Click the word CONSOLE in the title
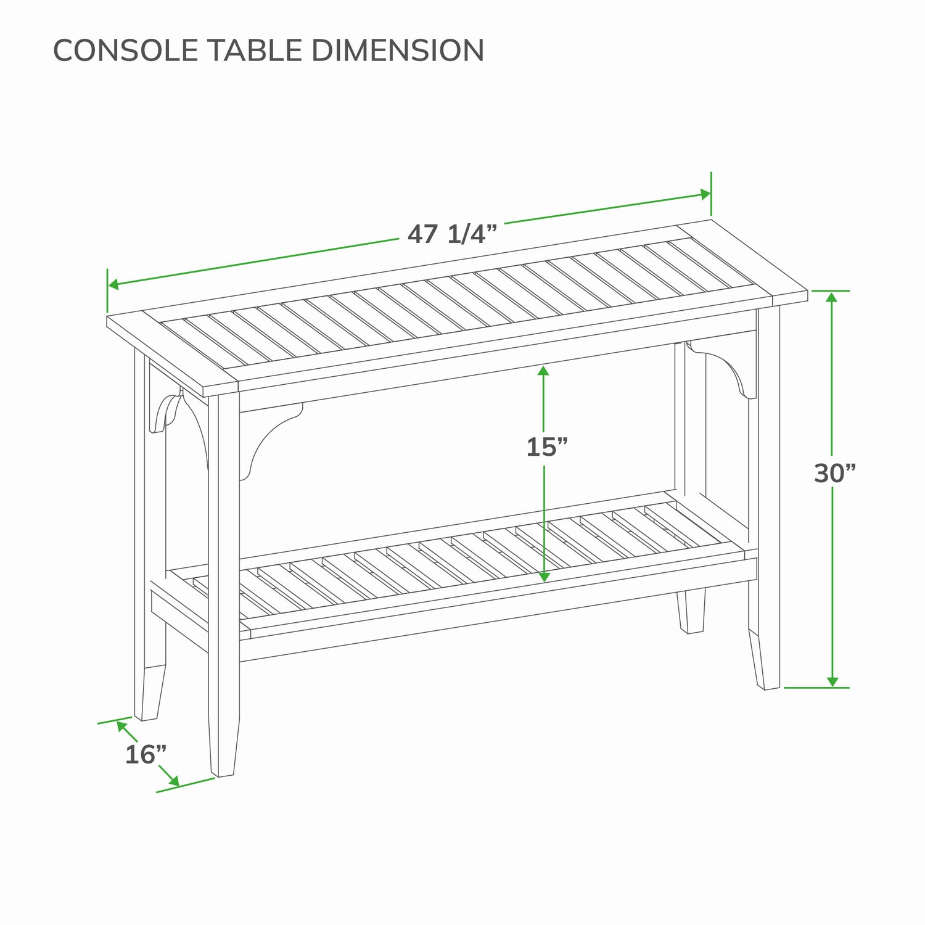point(126,50)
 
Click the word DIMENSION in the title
point(398,50)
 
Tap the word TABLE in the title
point(255,50)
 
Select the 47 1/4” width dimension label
point(452,234)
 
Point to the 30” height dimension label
point(835,473)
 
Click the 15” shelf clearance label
point(546,447)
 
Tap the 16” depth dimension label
point(146,755)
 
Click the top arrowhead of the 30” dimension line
point(832,297)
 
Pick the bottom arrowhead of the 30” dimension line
point(832,680)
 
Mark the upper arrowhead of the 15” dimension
point(543,371)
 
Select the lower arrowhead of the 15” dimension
point(543,576)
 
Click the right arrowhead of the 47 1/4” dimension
point(704,194)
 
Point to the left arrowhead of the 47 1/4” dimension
point(114,284)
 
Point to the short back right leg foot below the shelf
point(691,610)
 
